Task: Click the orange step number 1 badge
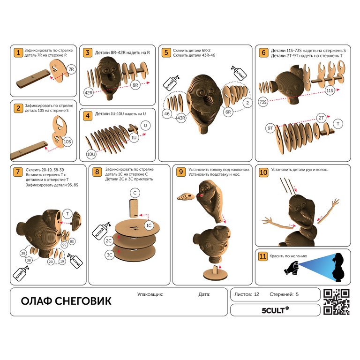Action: pyautogui.click(x=18, y=52)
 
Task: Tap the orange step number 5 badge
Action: pyautogui.click(x=166, y=52)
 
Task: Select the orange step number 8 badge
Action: pyautogui.click(x=97, y=172)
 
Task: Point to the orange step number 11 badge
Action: pyautogui.click(x=262, y=256)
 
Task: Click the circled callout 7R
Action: pyautogui.click(x=71, y=69)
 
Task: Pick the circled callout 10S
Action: pyautogui.click(x=67, y=142)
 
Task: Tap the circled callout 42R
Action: pyautogui.click(x=89, y=93)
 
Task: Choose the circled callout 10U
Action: pyautogui.click(x=91, y=154)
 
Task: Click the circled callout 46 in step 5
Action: pyautogui.click(x=167, y=113)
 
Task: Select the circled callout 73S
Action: pyautogui.click(x=263, y=102)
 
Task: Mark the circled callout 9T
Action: pyautogui.click(x=270, y=128)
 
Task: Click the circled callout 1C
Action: pyautogui.click(x=149, y=225)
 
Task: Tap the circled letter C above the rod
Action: pyautogui.click(x=135, y=193)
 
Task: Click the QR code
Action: pyautogui.click(x=337, y=302)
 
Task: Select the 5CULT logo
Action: pyautogui.click(x=275, y=310)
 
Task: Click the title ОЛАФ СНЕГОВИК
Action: pyautogui.click(x=66, y=301)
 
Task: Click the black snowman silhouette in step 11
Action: pyautogui.click(x=339, y=267)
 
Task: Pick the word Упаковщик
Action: pyautogui.click(x=150, y=294)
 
